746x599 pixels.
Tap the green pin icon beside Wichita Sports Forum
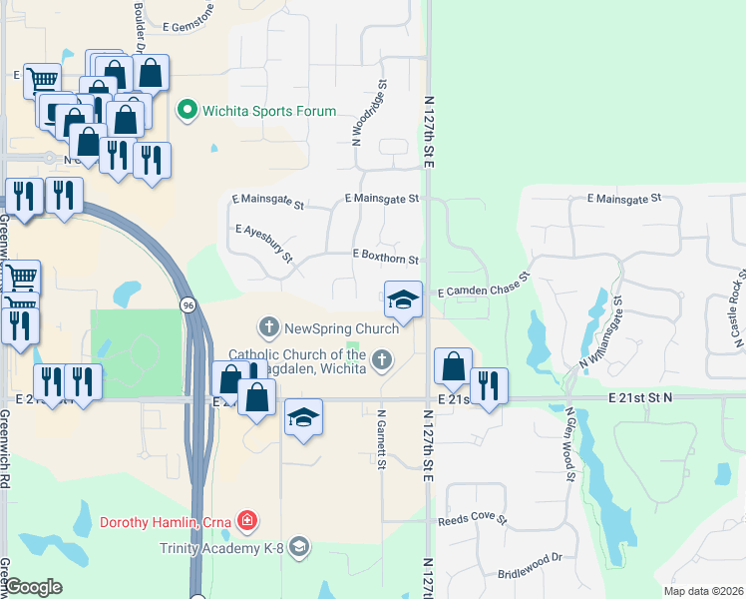(186, 111)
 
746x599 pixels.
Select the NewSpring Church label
(341, 327)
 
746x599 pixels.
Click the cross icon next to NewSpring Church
(267, 327)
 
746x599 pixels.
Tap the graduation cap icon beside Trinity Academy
(300, 546)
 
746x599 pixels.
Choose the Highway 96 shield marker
(187, 303)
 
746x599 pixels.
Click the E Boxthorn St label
(385, 258)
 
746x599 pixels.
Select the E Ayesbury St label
(264, 244)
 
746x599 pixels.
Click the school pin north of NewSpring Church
(402, 300)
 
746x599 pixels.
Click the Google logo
(33, 587)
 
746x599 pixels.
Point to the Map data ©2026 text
(702, 591)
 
